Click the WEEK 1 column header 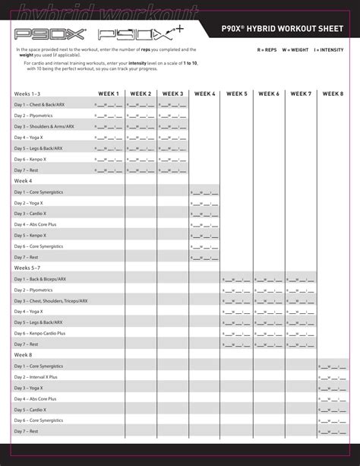[109, 94]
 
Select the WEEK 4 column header [205, 94]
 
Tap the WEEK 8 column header [333, 94]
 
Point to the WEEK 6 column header [269, 94]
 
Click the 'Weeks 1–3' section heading [28, 94]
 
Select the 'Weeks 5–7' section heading [28, 268]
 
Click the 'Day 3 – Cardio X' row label [32, 214]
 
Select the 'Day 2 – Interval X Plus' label [36, 376]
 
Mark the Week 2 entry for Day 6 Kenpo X [140, 160]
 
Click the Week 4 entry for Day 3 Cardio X [204, 214]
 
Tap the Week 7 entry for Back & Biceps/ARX [300, 279]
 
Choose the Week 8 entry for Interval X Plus [332, 376]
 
